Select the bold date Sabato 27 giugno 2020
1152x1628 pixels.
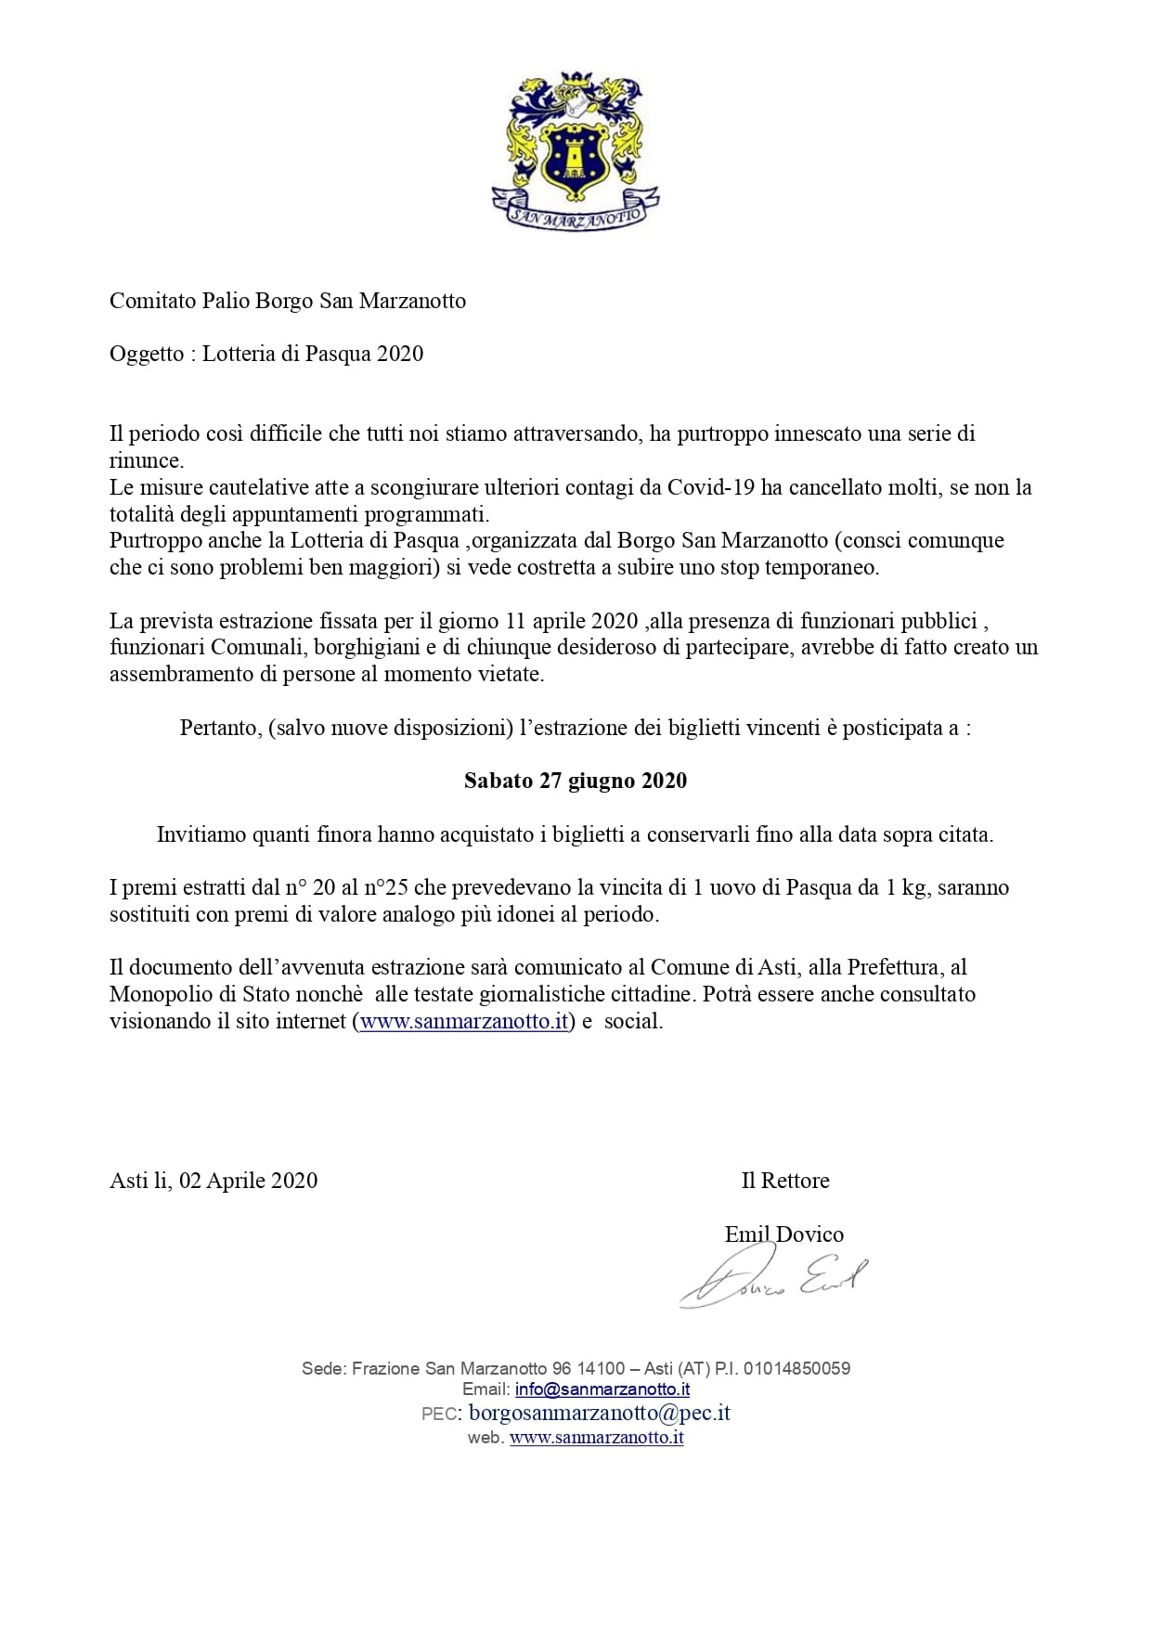click(x=576, y=781)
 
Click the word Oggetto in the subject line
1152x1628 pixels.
click(x=147, y=354)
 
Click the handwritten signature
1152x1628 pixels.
click(x=775, y=1281)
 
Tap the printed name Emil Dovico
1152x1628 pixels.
click(x=783, y=1234)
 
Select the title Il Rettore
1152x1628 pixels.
click(x=784, y=1181)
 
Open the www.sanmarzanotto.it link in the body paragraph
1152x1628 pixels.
click(x=463, y=1022)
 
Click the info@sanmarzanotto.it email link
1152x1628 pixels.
click(x=602, y=1389)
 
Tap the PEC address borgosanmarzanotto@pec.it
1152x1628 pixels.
click(x=600, y=1413)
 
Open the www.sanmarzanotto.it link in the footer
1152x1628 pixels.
click(x=597, y=1438)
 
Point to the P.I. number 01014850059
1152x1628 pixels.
click(x=796, y=1368)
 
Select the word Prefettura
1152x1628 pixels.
click(x=893, y=968)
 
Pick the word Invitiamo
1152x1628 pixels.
click(x=201, y=834)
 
